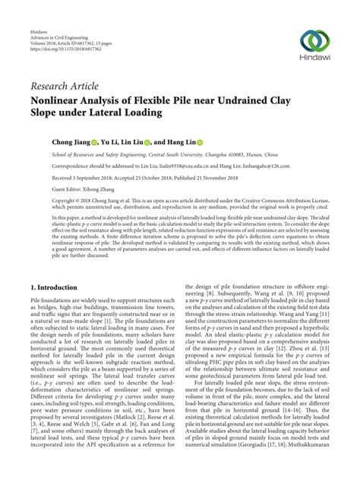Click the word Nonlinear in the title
(58, 99)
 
